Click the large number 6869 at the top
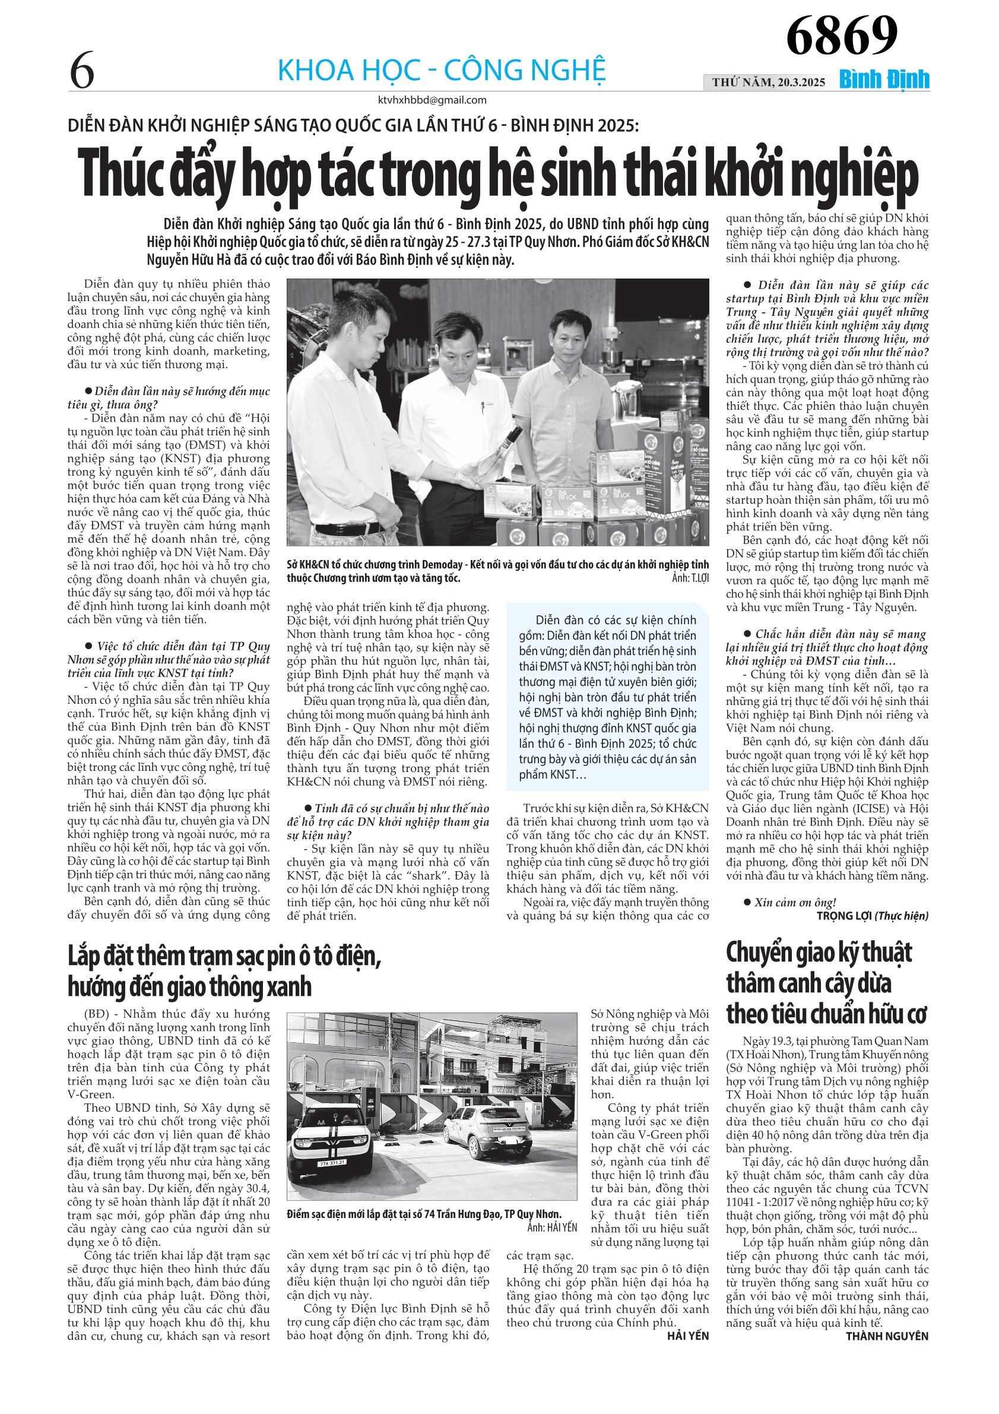pyautogui.click(x=842, y=35)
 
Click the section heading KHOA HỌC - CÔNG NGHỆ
pyautogui.click(x=442, y=70)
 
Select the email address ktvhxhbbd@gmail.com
pyautogui.click(x=432, y=100)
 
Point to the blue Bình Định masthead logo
pyautogui.click(x=884, y=80)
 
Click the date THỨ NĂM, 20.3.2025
pyautogui.click(x=769, y=82)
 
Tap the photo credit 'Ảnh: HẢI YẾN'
pyautogui.click(x=552, y=1227)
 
